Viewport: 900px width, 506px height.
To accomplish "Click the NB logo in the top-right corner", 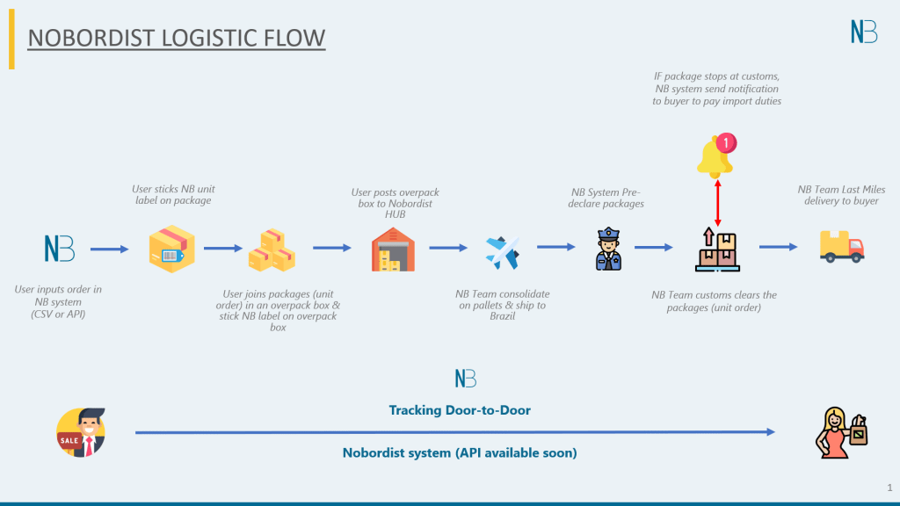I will tap(864, 31).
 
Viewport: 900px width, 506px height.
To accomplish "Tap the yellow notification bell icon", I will tap(714, 156).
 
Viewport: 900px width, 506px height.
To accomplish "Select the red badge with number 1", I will tap(726, 141).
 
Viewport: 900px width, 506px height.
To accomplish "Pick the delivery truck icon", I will tap(841, 247).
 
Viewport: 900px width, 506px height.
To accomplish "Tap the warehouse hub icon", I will tap(392, 249).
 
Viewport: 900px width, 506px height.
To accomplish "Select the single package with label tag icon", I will tap(171, 249).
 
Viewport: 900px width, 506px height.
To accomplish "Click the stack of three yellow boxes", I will tap(271, 250).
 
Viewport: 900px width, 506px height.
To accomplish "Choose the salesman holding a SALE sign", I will tap(81, 433).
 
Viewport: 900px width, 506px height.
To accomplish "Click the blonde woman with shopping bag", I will tap(839, 433).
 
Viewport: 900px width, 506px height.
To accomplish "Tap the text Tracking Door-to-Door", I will tap(460, 410).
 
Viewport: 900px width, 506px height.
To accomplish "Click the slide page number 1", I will tap(889, 487).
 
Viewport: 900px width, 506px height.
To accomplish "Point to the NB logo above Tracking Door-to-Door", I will tap(466, 379).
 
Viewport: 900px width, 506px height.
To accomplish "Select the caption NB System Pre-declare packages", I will tap(607, 198).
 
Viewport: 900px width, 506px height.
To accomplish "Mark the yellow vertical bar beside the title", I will tap(11, 40).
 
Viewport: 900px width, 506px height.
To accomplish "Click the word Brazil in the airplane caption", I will tap(502, 316).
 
